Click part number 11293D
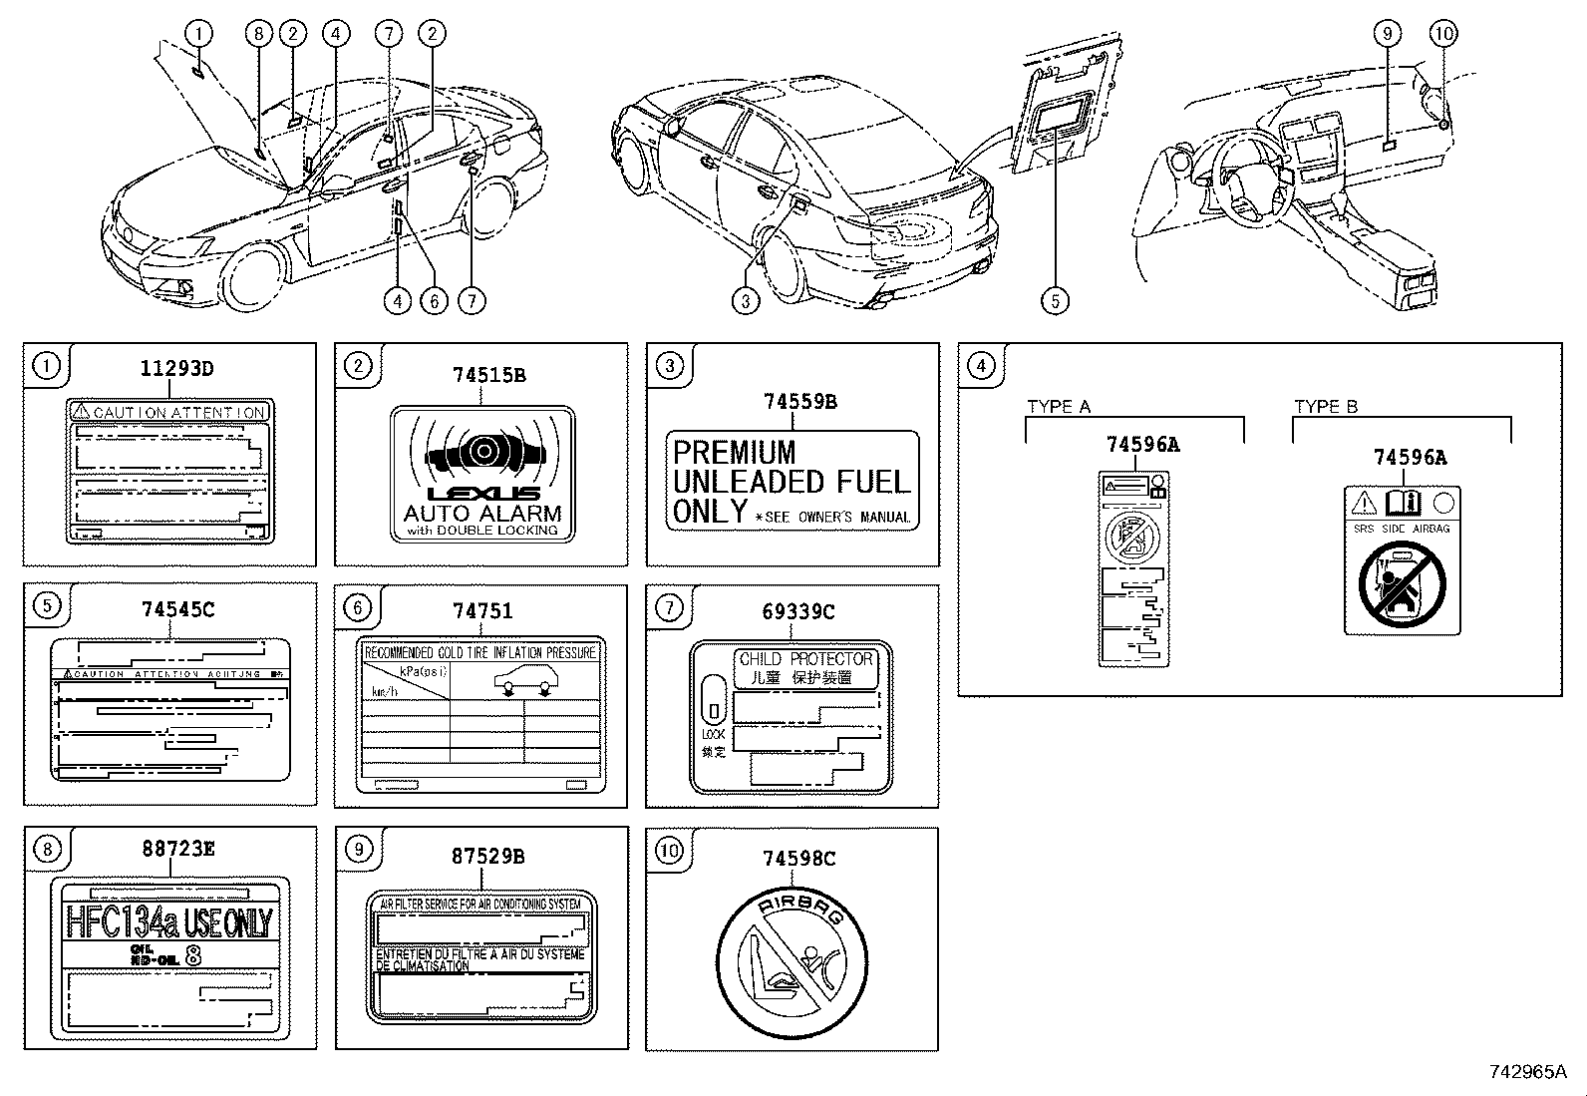(x=175, y=369)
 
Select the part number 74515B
(x=488, y=376)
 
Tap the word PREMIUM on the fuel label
(x=735, y=452)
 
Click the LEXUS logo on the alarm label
(x=483, y=494)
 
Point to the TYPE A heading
(x=1059, y=407)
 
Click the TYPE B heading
(x=1326, y=407)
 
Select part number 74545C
(x=177, y=609)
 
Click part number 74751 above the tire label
(x=482, y=611)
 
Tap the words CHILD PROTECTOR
(x=805, y=659)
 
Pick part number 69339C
(x=797, y=611)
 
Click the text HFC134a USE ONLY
(x=168, y=922)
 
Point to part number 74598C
(x=797, y=858)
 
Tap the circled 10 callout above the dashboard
(x=1442, y=33)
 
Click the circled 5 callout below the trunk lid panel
(x=1054, y=299)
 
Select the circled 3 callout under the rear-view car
(x=746, y=299)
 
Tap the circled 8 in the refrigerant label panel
(x=47, y=849)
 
